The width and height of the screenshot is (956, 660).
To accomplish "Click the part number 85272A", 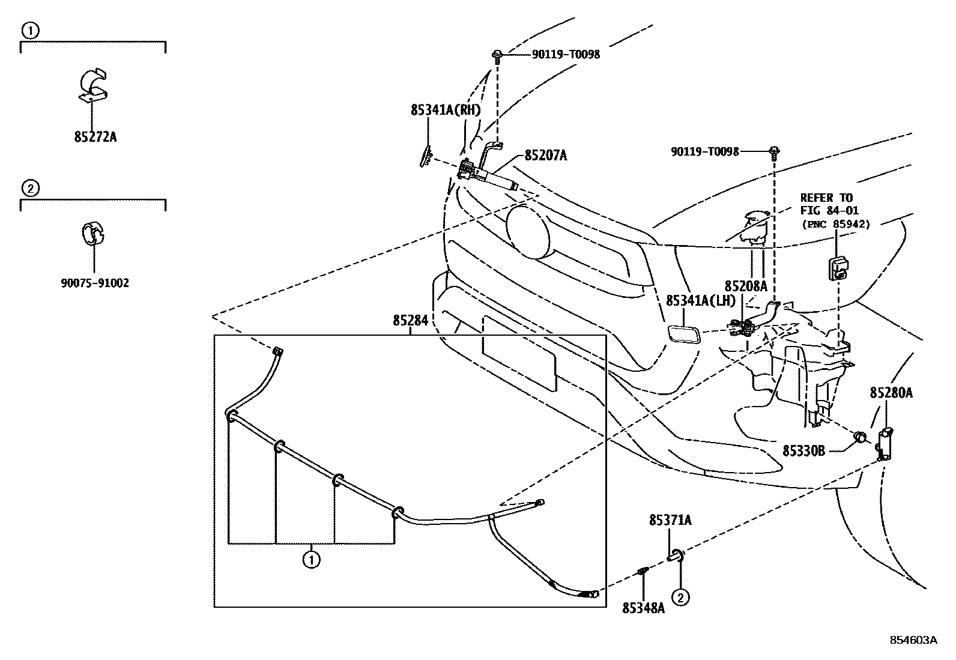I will (x=95, y=137).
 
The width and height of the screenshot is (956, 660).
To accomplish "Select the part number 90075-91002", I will (x=95, y=283).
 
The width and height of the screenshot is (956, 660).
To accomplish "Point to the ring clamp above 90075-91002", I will (x=92, y=233).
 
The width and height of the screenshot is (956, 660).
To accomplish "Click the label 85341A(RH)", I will (x=446, y=110).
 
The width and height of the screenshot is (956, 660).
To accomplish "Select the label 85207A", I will (x=545, y=156).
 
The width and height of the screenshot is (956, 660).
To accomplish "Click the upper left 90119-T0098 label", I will (x=566, y=54).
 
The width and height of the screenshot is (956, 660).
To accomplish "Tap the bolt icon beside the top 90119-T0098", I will (x=498, y=55).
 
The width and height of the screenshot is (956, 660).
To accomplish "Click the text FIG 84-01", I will (x=829, y=210).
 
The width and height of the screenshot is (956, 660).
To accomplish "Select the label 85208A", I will (x=746, y=286).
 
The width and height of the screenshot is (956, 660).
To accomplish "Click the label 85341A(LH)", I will (x=700, y=300).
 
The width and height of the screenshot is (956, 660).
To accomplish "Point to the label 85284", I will (x=411, y=321).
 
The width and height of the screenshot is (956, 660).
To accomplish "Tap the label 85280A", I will (x=891, y=393).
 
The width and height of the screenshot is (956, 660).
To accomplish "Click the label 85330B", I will (x=803, y=450).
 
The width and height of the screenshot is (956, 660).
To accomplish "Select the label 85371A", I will (x=670, y=520).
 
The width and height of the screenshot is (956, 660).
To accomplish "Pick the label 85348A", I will (x=643, y=608).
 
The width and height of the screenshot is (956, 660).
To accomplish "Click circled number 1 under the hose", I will (x=310, y=560).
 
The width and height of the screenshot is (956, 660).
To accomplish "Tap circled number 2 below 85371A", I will (x=680, y=597).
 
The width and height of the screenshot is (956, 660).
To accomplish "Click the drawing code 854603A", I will (x=913, y=640).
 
